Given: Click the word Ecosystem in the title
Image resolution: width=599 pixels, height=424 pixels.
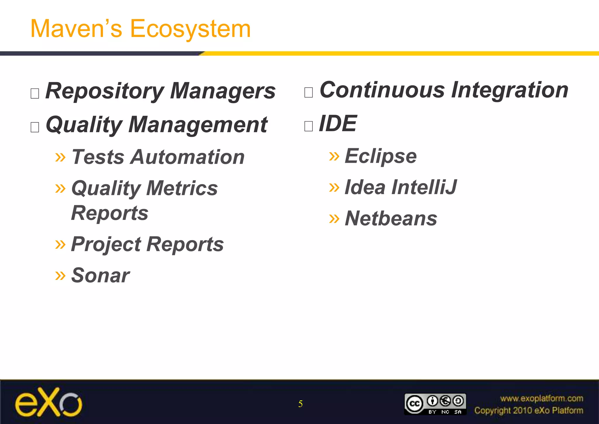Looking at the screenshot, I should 190,29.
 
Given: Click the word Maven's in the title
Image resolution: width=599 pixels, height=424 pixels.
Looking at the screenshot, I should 76,29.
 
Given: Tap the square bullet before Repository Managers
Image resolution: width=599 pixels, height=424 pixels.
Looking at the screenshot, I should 35,93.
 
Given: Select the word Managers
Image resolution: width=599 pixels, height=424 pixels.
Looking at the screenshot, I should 223,91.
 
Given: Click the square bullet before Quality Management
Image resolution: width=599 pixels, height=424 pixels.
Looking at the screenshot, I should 35,127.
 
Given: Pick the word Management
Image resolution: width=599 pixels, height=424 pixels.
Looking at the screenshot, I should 198,125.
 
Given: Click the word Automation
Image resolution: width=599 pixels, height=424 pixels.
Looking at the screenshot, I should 187,157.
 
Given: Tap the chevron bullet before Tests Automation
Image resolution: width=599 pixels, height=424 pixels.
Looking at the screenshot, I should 60,158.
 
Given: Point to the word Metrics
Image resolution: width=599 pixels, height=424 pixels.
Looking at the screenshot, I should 182,188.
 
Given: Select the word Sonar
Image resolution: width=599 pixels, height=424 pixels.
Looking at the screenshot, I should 100,276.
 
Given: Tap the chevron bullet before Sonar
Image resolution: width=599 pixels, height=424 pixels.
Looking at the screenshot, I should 60,275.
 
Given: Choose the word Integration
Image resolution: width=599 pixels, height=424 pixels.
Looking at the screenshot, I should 510,90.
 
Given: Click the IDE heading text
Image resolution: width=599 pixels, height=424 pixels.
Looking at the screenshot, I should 338,124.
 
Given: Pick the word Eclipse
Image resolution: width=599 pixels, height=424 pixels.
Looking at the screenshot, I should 381,156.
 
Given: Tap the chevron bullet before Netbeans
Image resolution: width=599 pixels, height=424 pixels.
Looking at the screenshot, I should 334,218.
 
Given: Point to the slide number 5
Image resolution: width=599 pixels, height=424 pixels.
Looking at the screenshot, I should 300,404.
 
